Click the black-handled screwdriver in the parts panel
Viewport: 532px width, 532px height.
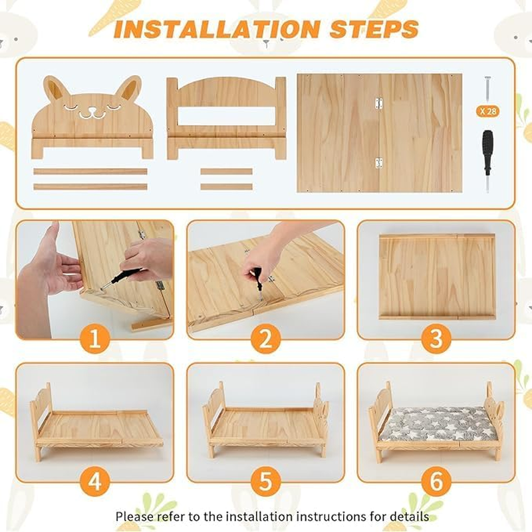point(488,156)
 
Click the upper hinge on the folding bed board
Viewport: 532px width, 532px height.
point(378,103)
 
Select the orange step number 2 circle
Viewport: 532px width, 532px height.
point(265,339)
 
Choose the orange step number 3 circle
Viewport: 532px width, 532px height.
point(436,339)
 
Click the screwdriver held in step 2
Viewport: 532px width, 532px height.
point(257,279)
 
